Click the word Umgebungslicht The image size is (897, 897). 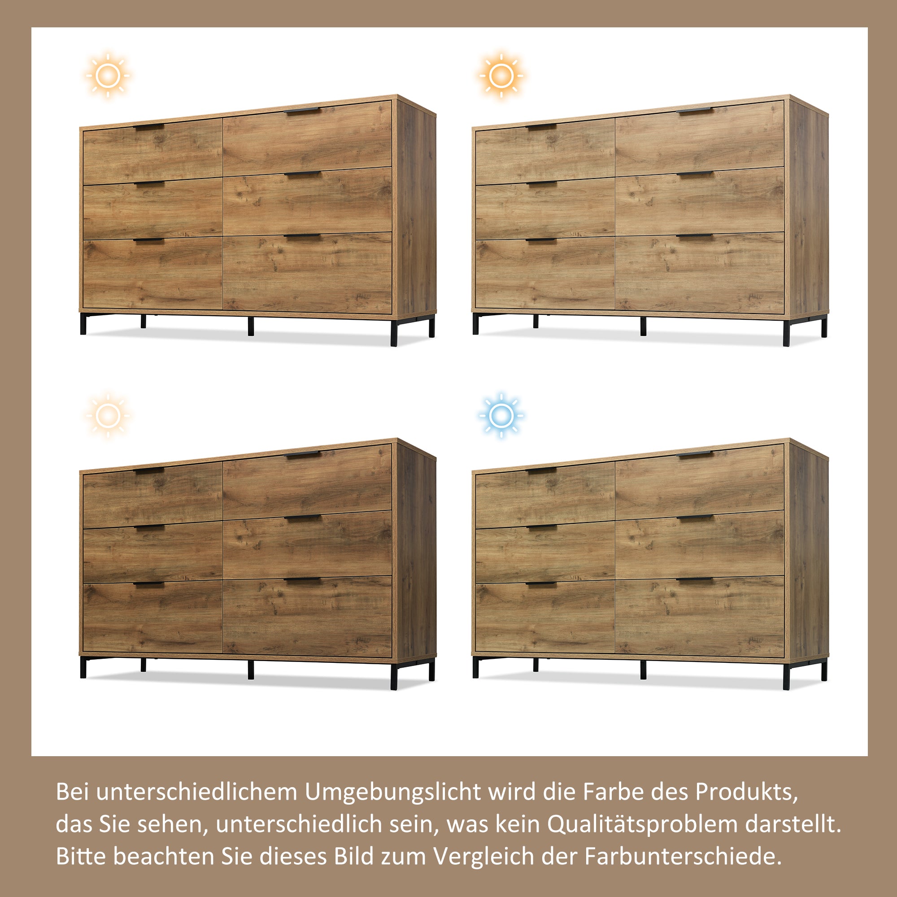pyautogui.click(x=392, y=792)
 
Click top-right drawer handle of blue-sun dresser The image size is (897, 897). pyautogui.click(x=695, y=453)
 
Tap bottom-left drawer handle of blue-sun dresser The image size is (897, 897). pyautogui.click(x=541, y=583)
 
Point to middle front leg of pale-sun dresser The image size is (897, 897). pyautogui.click(x=251, y=670)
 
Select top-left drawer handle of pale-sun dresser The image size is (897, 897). pyautogui.click(x=149, y=470)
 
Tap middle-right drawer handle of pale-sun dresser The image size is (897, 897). pyautogui.click(x=303, y=517)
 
